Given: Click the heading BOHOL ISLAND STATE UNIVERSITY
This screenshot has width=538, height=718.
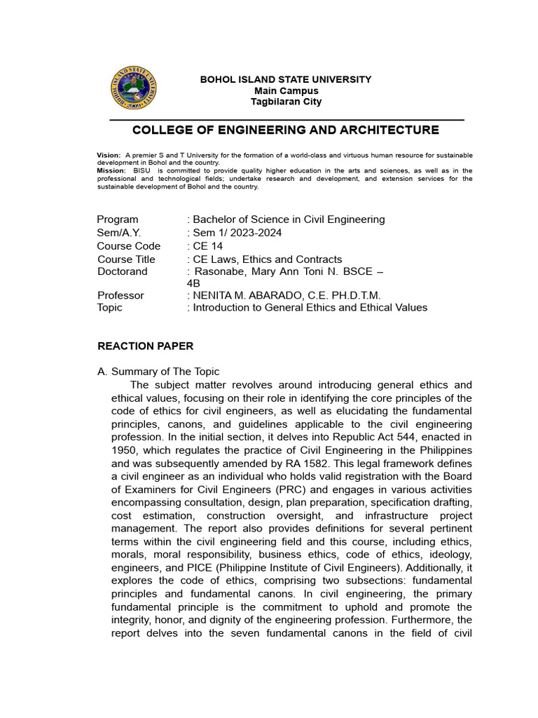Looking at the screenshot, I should (286, 79).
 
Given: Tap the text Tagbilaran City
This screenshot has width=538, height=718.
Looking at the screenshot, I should (286, 102).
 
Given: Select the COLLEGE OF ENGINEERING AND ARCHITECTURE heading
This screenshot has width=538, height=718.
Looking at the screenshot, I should (286, 130).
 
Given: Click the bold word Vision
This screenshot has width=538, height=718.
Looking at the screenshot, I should (109, 154).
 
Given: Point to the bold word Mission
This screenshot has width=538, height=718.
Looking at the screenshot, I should (111, 170).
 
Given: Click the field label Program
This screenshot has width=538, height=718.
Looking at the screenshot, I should (118, 219).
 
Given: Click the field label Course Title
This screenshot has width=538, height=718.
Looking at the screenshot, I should (126, 259).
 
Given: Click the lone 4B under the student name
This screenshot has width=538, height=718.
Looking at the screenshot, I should (193, 283).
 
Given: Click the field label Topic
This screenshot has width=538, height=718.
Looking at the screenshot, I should (110, 308).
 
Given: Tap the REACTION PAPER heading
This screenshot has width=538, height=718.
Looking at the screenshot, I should (145, 346).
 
